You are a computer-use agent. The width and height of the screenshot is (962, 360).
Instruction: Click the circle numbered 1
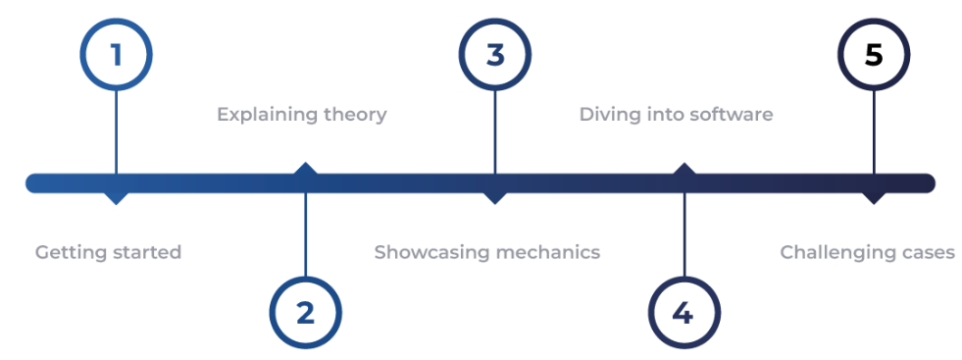(116, 54)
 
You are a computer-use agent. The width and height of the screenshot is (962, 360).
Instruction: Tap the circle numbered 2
(305, 313)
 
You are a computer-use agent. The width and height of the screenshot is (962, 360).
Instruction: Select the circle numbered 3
(495, 54)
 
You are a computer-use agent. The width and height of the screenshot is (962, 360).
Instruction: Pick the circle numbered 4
(684, 313)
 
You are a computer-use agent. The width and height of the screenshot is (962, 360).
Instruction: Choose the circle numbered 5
(873, 54)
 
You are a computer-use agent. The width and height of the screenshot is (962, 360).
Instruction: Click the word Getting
(69, 253)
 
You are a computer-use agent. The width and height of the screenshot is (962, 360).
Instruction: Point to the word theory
(355, 115)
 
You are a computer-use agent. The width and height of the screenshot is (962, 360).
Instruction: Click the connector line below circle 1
(116, 128)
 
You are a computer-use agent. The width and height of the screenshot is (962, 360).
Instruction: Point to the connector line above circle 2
(305, 235)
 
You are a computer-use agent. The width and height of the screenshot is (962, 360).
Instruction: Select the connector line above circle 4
(684, 235)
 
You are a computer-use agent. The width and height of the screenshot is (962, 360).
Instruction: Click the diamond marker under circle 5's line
(873, 196)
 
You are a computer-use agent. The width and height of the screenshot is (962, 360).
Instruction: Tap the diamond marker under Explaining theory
(305, 170)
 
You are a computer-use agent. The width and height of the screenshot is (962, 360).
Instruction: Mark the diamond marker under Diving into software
(684, 170)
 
